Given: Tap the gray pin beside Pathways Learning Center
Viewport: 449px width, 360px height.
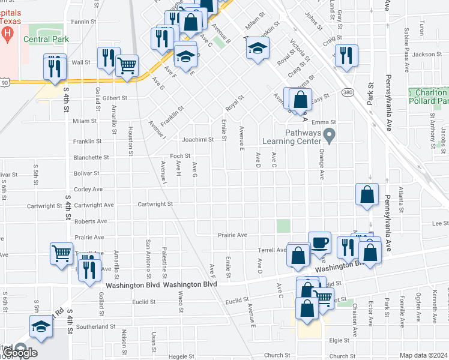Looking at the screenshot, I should pyautogui.click(x=328, y=134).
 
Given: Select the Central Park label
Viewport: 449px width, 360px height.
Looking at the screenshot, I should pyautogui.click(x=46, y=39).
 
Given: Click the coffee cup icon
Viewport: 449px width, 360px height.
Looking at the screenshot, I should pyautogui.click(x=319, y=242).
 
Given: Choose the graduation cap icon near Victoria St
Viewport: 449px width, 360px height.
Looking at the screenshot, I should pyautogui.click(x=257, y=49).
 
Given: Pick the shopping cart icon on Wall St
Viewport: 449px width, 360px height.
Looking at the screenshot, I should pyautogui.click(x=127, y=65).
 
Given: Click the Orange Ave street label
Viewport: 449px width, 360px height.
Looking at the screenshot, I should pyautogui.click(x=322, y=163).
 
